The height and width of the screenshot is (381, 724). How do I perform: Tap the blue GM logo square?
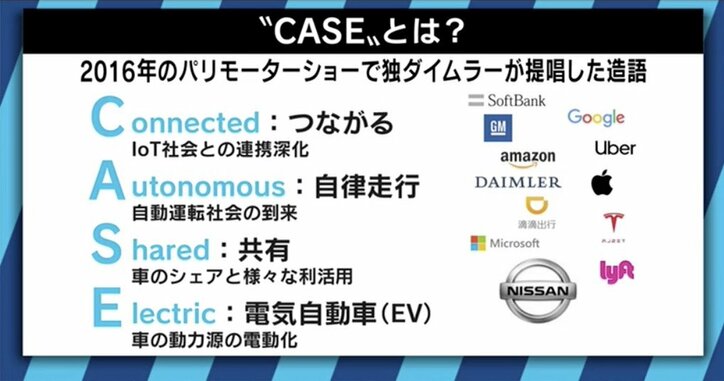(497, 128)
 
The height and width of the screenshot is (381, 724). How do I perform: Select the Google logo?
(595, 117)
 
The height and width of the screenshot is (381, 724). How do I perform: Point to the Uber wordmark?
(614, 149)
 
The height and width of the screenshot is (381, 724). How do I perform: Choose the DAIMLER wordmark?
(517, 183)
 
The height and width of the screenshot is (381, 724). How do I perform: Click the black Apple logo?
(601, 182)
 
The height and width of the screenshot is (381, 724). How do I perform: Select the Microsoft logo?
(505, 243)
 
